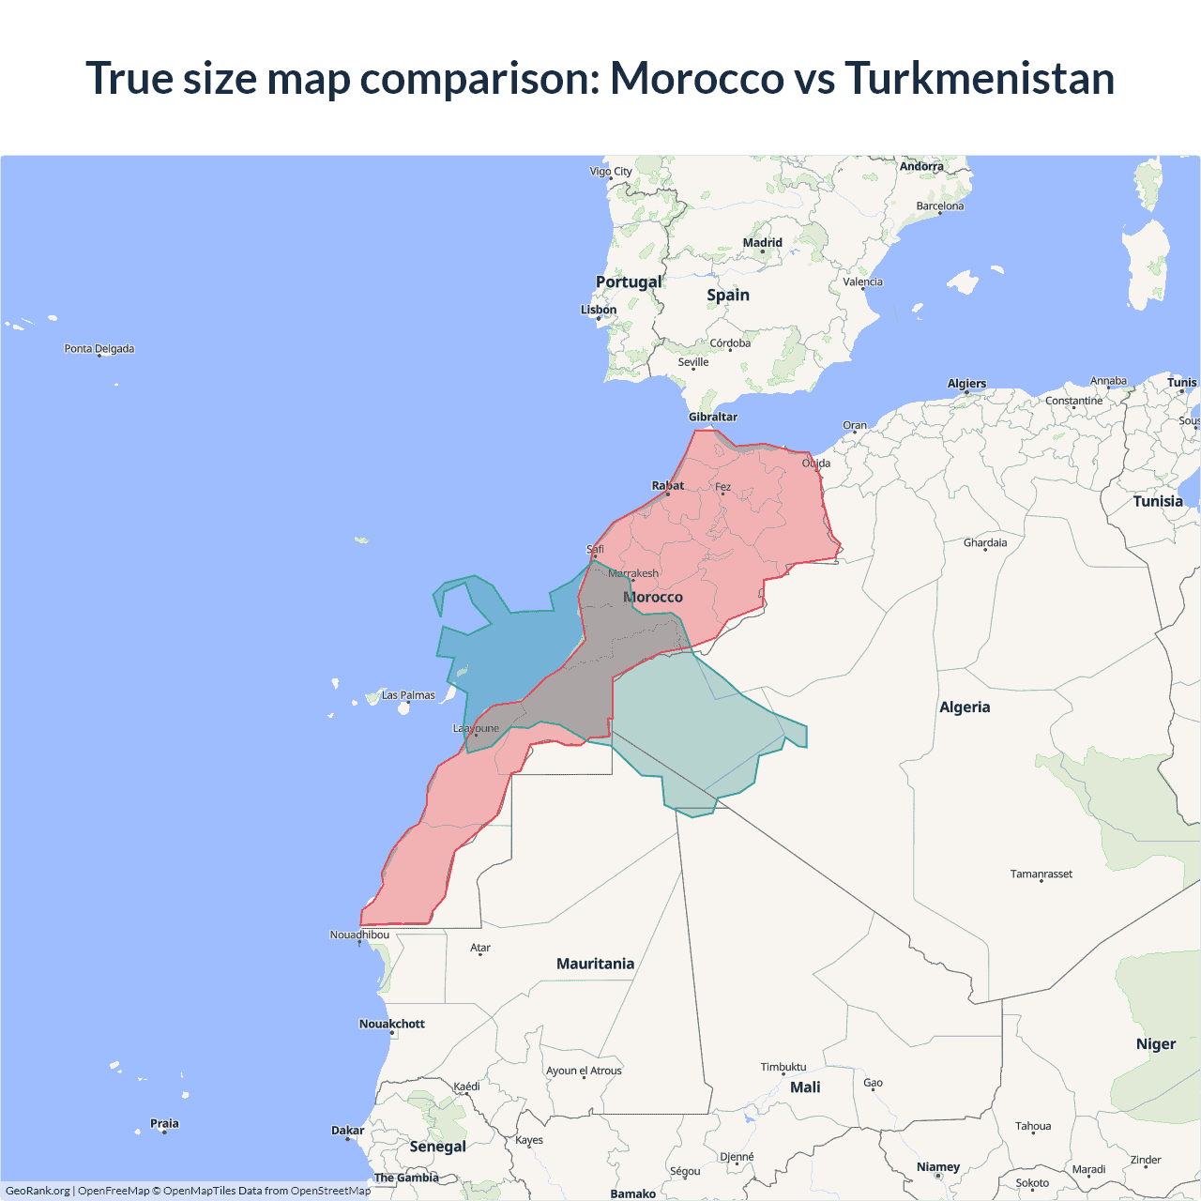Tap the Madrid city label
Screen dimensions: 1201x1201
[x=762, y=243]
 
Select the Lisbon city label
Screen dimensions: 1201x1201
[x=599, y=310]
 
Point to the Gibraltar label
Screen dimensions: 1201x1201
[x=713, y=417]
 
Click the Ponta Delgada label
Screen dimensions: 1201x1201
[x=99, y=349]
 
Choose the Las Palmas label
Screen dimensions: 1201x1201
[x=408, y=695]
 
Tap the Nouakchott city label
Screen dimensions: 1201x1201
[x=392, y=1024]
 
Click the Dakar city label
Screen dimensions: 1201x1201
[x=347, y=1131]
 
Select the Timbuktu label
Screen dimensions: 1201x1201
[x=783, y=1067]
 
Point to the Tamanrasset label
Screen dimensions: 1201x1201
[x=1041, y=874]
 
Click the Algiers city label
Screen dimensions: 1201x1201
[x=966, y=384]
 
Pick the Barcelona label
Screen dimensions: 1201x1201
[x=940, y=206]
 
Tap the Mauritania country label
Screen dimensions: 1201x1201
[x=595, y=964]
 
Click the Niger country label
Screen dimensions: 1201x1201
[x=1156, y=1044]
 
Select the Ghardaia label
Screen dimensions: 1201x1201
[x=985, y=542]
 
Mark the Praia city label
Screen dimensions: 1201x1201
[x=164, y=1123]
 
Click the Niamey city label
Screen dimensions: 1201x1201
[x=938, y=1167]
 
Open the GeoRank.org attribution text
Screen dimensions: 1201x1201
[x=38, y=1191]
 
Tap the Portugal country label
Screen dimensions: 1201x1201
[x=629, y=281]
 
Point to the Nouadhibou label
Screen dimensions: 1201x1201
[x=359, y=935]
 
